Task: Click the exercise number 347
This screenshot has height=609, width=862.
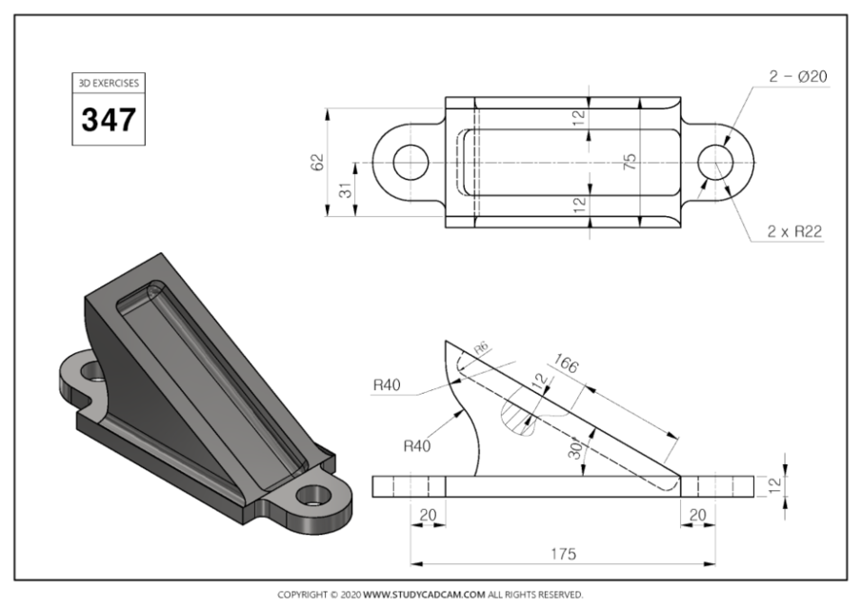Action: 109,120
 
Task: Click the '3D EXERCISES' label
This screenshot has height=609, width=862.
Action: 109,83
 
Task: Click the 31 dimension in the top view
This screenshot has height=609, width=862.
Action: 345,191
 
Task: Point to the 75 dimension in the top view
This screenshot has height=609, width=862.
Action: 629,163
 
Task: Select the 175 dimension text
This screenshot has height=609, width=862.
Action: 562,553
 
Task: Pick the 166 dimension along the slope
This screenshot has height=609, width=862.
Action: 564,363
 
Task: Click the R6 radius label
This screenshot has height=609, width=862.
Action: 481,349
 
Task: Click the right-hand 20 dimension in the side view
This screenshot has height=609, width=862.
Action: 697,514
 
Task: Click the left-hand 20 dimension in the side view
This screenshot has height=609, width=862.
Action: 428,514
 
